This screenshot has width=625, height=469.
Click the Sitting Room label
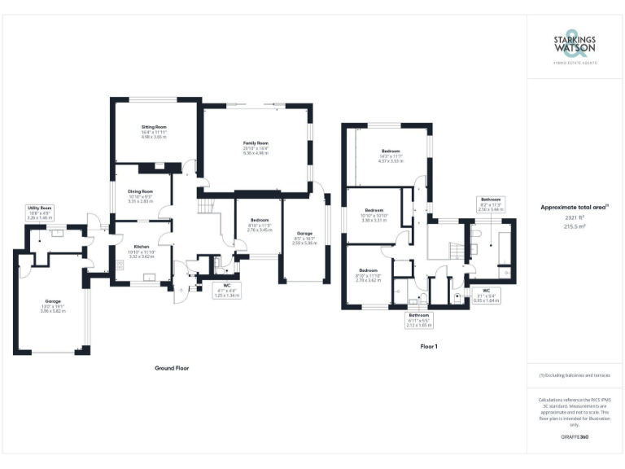[x=154, y=128]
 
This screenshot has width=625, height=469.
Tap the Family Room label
[x=256, y=143]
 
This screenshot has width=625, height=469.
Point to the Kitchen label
[x=141, y=246]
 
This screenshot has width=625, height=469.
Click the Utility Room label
[x=40, y=208]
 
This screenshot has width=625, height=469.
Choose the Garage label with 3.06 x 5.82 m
[x=52, y=301]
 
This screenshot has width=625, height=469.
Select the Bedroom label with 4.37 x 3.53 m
[x=391, y=152]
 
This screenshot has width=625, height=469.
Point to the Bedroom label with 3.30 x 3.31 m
[x=374, y=209]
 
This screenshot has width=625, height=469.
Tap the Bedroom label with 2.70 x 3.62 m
[x=369, y=270]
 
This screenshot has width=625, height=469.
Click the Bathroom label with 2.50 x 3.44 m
[x=491, y=199]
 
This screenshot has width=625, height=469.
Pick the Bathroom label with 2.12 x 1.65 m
[x=419, y=314]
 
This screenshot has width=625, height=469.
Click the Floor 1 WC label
[x=485, y=291]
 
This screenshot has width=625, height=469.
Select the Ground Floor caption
[x=172, y=368]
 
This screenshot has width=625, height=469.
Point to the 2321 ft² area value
[x=575, y=217]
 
